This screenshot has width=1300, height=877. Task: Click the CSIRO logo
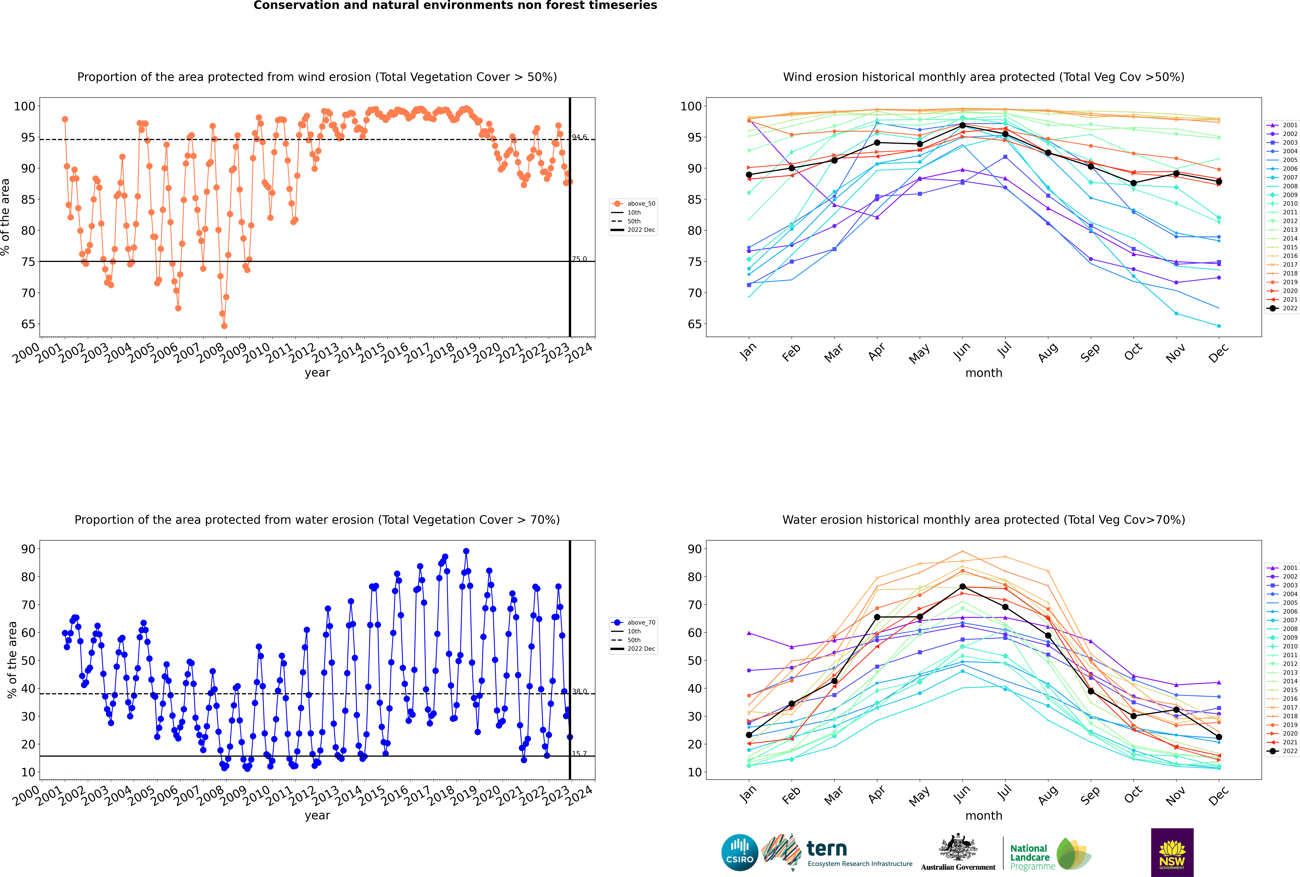(739, 853)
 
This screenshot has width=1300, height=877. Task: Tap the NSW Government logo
(1172, 852)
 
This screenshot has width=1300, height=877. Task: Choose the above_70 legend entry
(633, 623)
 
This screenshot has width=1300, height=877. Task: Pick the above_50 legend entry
(633, 204)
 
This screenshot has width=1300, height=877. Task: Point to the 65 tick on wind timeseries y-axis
(28, 324)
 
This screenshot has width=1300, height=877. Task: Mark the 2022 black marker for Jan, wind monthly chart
(749, 175)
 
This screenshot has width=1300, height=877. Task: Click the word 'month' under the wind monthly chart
(984, 373)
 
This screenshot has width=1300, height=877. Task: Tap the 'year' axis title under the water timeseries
(317, 816)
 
